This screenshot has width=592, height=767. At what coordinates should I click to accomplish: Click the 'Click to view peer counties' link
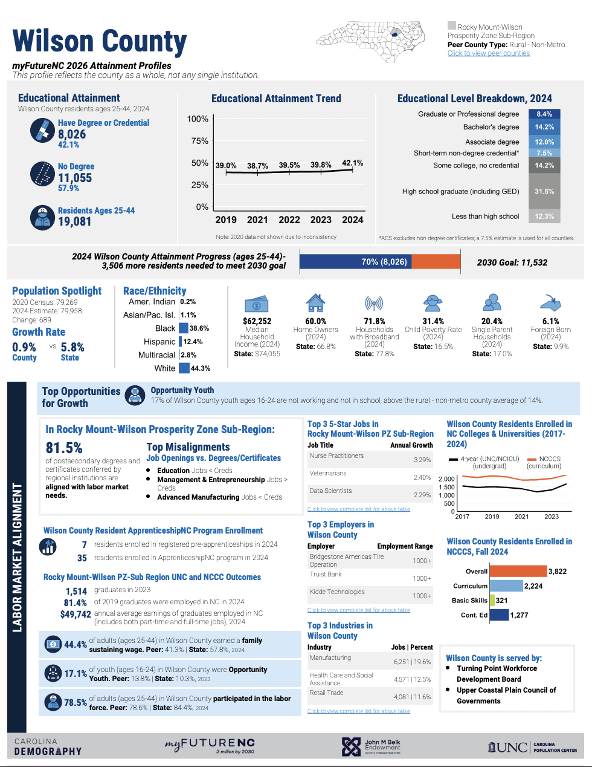pos(488,53)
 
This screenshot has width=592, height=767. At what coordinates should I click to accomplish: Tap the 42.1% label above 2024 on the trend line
pos(352,163)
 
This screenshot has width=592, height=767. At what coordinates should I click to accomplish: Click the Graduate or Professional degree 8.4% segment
pos(544,114)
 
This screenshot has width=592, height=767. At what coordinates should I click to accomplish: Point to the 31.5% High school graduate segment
pos(544,191)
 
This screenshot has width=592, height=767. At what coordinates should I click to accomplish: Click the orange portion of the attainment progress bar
pos(436,261)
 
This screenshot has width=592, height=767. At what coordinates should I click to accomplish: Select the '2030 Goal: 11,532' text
pos(512,263)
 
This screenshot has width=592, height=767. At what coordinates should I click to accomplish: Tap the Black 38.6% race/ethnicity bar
pos(184,328)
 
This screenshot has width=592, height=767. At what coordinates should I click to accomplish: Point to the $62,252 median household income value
pos(257,321)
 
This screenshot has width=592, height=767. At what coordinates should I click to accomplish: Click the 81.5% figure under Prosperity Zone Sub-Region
pos(64,448)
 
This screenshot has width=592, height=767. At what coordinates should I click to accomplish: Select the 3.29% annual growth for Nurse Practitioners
pos(422,460)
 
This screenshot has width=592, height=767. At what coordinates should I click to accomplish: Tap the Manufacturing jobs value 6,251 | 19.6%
pos(413,662)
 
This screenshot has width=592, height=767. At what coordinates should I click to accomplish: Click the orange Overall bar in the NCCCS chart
pos(518,571)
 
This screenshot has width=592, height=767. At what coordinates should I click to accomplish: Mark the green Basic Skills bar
pos(492,601)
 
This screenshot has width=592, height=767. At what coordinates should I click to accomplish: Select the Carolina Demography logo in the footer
pos(48,747)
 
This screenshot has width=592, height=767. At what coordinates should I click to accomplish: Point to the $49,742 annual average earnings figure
pos(76,614)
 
